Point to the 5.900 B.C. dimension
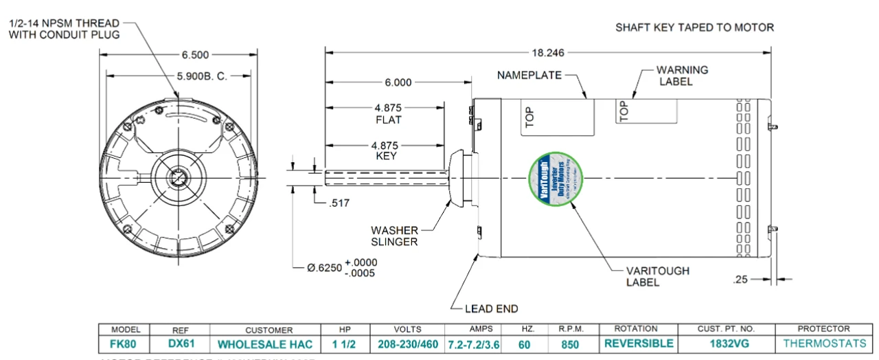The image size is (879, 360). point(201,77)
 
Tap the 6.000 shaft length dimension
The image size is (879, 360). point(398,82)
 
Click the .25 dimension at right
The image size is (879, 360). point(740,279)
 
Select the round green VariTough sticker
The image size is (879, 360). point(555,177)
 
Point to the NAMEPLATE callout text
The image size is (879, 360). point(529,74)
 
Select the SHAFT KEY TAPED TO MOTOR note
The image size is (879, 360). point(694,27)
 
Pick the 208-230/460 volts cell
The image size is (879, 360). point(407,344)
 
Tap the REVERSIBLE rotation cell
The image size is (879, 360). point(638,344)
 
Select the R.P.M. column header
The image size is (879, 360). point(569,329)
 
